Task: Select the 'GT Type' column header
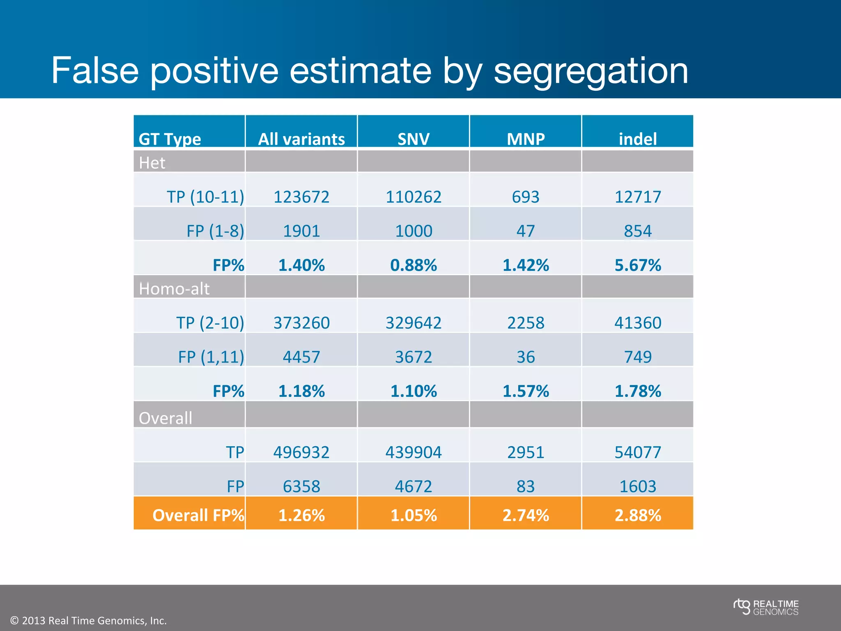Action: (170, 139)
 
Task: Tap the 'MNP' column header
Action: (526, 139)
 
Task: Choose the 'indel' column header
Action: (637, 139)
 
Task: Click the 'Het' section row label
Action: (152, 163)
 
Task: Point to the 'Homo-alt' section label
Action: (174, 288)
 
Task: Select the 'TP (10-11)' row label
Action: (205, 197)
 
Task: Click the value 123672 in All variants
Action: (301, 197)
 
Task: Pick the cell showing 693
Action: (526, 197)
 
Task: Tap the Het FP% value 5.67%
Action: (637, 265)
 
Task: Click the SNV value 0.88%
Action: (414, 265)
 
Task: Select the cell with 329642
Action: (414, 322)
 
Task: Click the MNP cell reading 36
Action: (526, 357)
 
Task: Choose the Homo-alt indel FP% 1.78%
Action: (637, 391)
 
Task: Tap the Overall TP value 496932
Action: (301, 452)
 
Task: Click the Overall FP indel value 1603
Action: (637, 486)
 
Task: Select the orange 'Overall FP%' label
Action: (198, 515)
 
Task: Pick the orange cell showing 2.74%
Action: (526, 515)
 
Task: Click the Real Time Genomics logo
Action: (766, 607)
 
